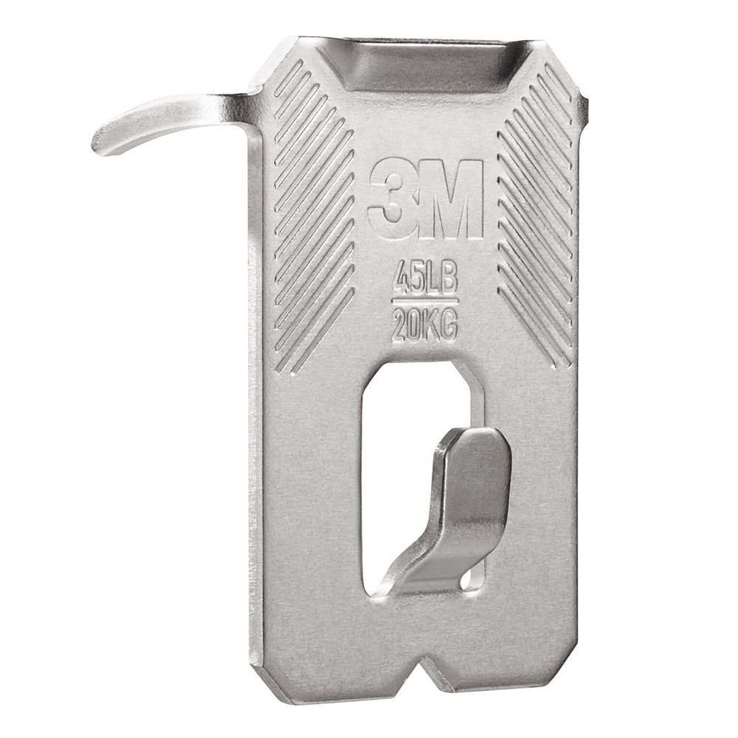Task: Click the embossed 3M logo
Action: click(x=425, y=199)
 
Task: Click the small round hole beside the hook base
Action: click(x=467, y=583)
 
